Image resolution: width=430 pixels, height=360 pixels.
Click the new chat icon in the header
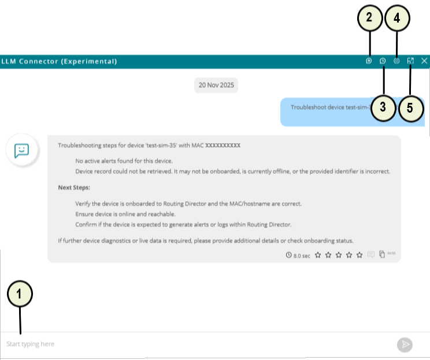(369, 61)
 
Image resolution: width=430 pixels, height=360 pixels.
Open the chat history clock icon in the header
(382, 61)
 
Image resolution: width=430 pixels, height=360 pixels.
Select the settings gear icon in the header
(396, 61)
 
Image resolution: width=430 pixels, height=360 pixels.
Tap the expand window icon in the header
(410, 61)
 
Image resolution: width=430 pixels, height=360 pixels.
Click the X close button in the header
(424, 61)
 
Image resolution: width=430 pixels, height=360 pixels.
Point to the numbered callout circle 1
(20, 294)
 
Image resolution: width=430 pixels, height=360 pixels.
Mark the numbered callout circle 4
(396, 18)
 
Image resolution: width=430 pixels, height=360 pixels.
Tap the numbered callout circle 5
(410, 108)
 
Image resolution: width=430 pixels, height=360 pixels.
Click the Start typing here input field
(197, 344)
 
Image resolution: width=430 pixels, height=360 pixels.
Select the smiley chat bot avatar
(22, 151)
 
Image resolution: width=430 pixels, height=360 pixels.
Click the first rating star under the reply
(318, 255)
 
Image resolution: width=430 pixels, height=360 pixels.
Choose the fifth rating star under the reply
(359, 255)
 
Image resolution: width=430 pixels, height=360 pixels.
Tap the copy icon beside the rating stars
(382, 255)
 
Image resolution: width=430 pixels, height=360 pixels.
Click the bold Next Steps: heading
(74, 188)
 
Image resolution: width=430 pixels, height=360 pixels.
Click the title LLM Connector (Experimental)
(60, 61)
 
